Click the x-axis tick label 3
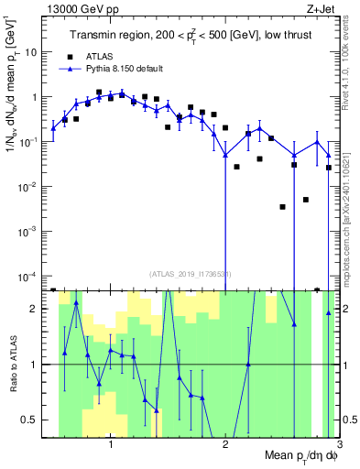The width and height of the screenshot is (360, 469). (x=338, y=445)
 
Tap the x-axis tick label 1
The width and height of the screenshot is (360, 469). (x=111, y=445)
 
